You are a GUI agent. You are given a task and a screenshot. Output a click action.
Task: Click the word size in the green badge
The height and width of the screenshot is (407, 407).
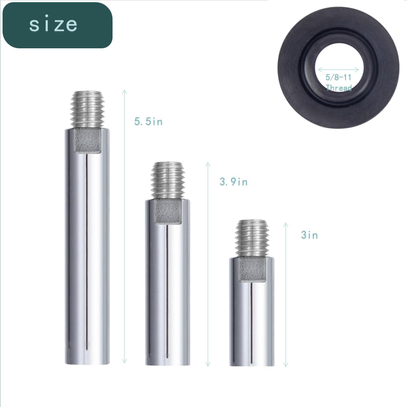coord(53,25)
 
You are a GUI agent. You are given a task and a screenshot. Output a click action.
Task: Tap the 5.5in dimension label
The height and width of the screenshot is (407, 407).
coord(148,122)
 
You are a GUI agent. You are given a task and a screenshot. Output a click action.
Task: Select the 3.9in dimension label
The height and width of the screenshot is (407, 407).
coord(233,182)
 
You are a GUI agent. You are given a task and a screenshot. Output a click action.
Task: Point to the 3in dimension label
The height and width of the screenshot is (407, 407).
coord(309,235)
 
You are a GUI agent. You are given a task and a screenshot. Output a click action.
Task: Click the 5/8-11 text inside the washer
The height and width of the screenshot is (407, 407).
coord(338,77)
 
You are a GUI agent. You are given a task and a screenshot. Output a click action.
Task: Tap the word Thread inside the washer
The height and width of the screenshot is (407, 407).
coord(339,87)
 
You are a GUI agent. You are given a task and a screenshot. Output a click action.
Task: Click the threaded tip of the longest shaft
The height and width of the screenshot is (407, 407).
coord(87,109)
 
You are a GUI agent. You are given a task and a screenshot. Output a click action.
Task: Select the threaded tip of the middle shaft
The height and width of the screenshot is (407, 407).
coord(168,180)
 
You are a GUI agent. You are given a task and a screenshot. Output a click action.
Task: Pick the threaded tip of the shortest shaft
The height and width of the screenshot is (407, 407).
coord(252,239)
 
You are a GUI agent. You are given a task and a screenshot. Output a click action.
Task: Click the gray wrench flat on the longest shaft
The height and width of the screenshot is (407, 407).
coord(87,141)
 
